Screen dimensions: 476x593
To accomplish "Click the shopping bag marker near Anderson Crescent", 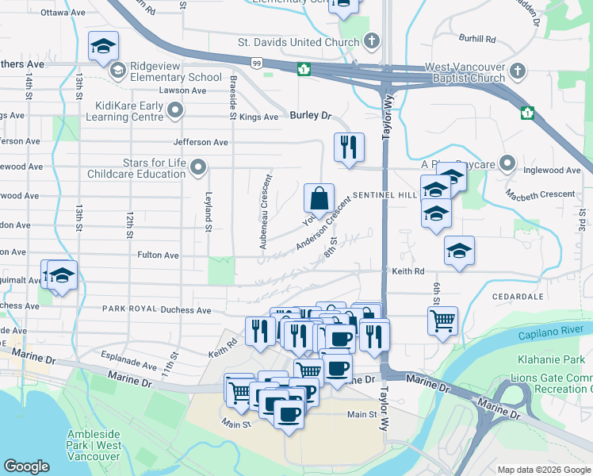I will click(318, 198).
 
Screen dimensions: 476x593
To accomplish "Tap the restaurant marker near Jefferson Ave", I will click(349, 147).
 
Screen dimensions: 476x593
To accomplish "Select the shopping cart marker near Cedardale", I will click(442, 321).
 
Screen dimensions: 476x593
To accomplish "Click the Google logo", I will click(27, 466).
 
